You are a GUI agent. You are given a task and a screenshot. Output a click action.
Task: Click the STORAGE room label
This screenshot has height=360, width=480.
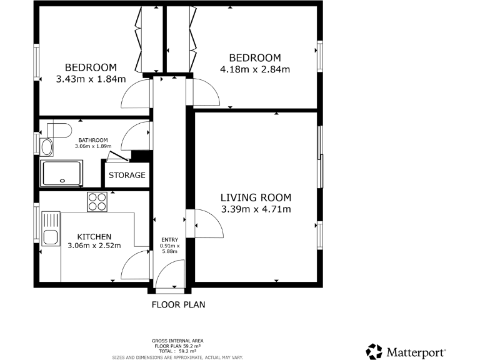pos(127,175)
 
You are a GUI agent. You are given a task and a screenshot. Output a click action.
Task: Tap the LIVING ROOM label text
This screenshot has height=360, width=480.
pos(256,197)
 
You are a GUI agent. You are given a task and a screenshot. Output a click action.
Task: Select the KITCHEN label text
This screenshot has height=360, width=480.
pos(94,237)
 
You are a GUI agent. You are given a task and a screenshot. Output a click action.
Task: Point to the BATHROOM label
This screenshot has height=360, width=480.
pos(93,140)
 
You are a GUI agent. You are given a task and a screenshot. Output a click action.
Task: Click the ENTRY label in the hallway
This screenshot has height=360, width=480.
pos(169,240)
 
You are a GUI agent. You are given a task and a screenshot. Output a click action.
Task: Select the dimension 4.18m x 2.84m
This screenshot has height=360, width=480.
pos(255,69)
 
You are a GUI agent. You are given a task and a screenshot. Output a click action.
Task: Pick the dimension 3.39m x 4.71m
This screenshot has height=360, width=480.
pos(256,209)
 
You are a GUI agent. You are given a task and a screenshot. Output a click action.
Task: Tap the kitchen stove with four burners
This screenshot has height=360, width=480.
pos(97,201)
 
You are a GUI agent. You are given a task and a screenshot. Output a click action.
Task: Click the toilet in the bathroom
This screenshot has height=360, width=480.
pos(57,129)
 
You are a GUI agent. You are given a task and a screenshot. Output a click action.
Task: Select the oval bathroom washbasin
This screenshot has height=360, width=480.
pos(47,147)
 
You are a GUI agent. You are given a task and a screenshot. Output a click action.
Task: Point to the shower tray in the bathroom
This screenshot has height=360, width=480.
pos(61,173)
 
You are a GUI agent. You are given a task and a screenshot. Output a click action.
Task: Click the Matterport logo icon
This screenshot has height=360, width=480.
pos(374,351)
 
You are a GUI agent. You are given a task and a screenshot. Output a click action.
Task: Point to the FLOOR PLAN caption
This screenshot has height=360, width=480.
pos(178,305)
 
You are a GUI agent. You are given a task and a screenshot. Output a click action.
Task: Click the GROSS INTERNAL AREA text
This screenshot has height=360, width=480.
pos(177,341)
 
